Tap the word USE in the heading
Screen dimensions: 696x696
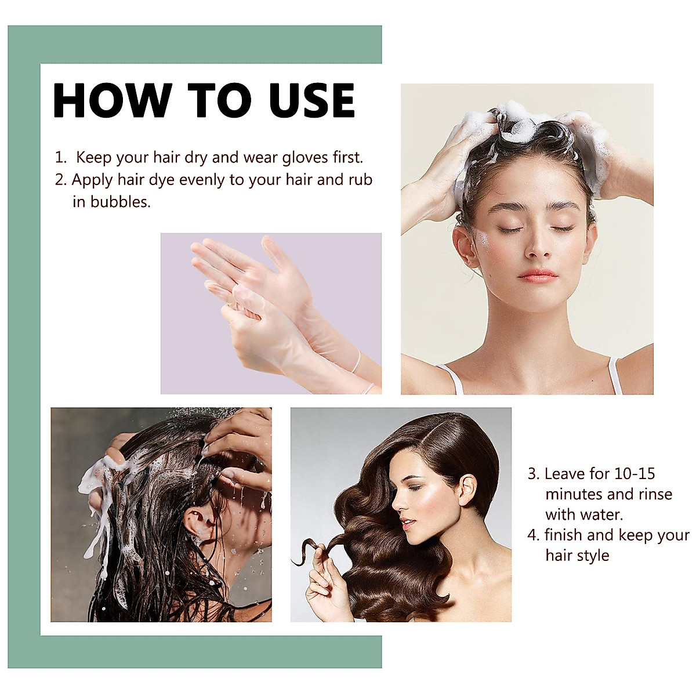[311, 100]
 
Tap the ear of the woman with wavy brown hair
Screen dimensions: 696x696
[466, 490]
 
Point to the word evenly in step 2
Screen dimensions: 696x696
[202, 180]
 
